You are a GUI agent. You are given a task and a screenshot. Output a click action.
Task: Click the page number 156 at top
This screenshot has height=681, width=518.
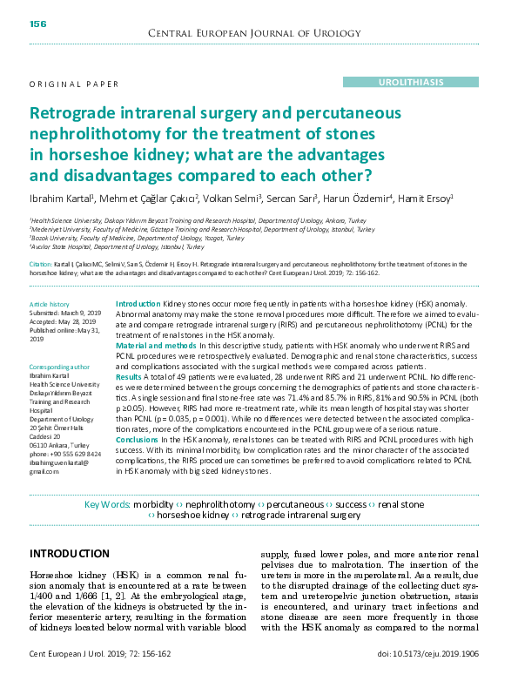(x=38, y=24)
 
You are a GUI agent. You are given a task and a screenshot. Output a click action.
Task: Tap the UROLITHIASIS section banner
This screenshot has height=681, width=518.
(x=410, y=81)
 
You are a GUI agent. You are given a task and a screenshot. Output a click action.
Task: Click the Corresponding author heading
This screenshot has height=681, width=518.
(x=59, y=368)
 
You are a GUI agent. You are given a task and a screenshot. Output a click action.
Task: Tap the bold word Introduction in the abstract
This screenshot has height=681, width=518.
(x=138, y=301)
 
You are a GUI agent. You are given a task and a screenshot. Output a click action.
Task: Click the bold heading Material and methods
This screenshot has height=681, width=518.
(x=156, y=346)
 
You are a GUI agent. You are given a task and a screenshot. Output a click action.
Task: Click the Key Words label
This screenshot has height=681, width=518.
(x=108, y=504)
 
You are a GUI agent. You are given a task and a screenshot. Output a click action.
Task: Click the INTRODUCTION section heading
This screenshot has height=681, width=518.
(x=70, y=554)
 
